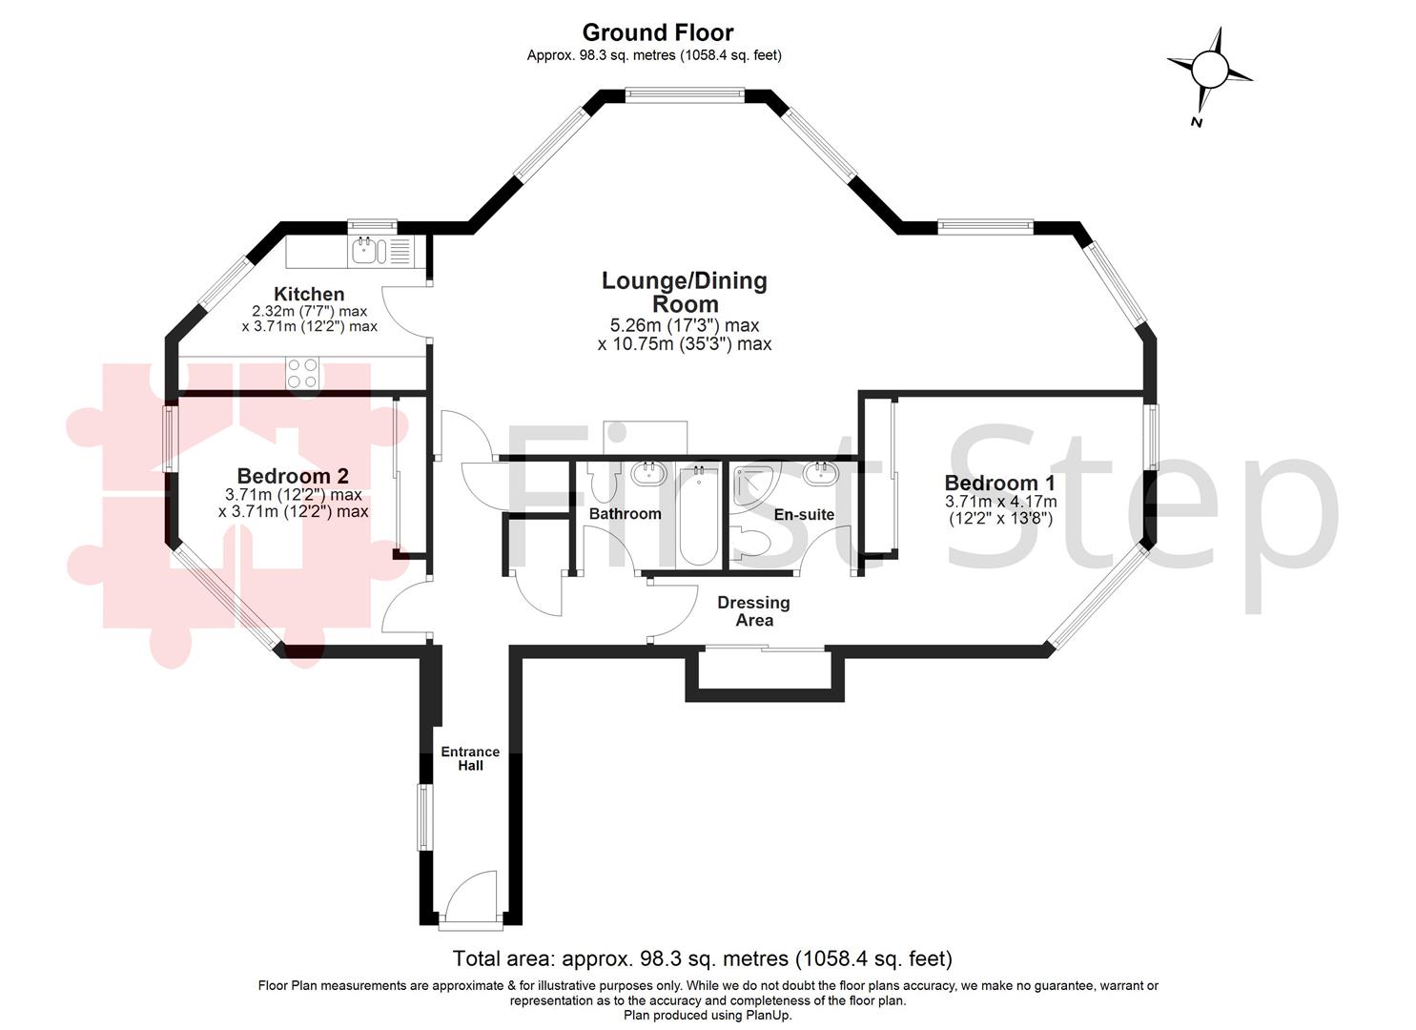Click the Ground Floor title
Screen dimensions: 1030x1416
click(657, 32)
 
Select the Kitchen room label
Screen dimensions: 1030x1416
click(309, 294)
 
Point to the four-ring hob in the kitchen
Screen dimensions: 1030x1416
click(303, 373)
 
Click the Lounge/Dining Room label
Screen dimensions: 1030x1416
click(684, 292)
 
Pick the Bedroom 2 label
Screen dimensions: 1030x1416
click(293, 476)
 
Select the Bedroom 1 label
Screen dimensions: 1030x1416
click(999, 483)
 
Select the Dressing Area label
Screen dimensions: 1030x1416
click(753, 611)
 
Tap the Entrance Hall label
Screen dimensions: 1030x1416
click(470, 758)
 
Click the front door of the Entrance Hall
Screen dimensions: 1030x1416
click(469, 901)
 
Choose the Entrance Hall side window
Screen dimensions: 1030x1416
click(422, 817)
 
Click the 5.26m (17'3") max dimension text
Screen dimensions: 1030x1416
click(684, 326)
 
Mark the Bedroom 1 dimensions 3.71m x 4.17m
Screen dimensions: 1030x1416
click(1000, 502)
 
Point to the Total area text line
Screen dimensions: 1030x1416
click(702, 958)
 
